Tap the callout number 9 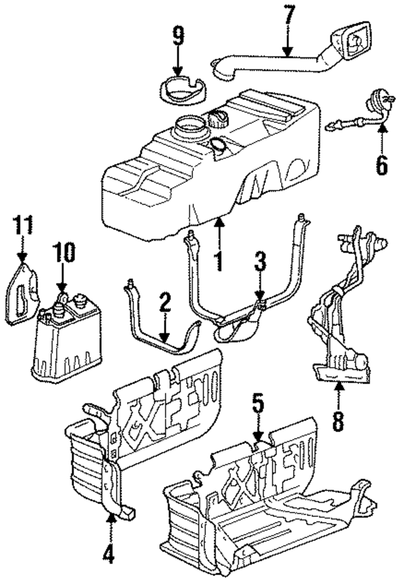(x=178, y=36)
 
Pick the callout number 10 (x=63, y=253)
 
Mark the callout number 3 (x=260, y=262)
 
